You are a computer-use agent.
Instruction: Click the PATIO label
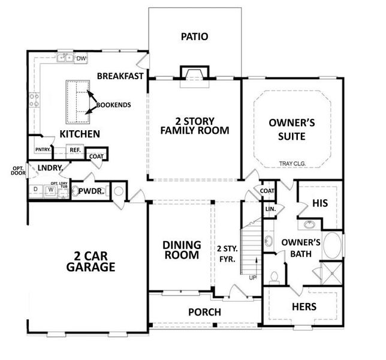pos(194,37)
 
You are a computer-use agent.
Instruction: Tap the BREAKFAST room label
pos(120,76)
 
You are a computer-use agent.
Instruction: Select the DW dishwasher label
pos(82,58)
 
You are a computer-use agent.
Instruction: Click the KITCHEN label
pos(79,133)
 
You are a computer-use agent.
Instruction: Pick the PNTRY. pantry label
pos(42,149)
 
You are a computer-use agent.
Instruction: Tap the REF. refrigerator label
pos(75,150)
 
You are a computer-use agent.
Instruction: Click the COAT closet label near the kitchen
pos(96,156)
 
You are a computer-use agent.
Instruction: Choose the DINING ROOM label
pos(180,250)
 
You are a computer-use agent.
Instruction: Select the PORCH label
pos(204,312)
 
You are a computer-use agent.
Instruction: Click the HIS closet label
pos(321,204)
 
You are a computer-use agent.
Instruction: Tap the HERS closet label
pos(303,307)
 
